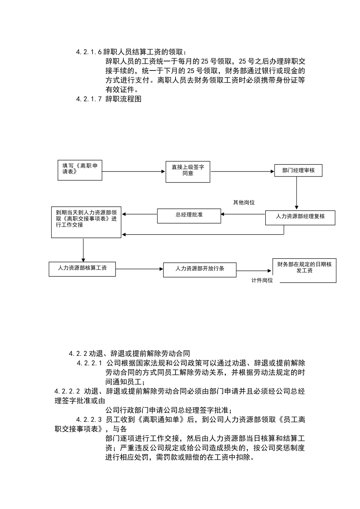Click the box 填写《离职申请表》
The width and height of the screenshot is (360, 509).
pyautogui.click(x=80, y=170)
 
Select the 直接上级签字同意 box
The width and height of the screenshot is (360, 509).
pyautogui.click(x=188, y=172)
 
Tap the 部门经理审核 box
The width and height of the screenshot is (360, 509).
pyautogui.click(x=298, y=170)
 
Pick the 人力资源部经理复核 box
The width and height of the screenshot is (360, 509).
pyautogui.click(x=300, y=217)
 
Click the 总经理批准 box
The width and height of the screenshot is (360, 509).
pyautogui.click(x=189, y=215)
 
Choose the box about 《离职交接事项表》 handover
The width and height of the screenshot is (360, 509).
pyautogui.click(x=86, y=222)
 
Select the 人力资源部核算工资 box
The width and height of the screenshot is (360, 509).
pyautogui.click(x=82, y=269)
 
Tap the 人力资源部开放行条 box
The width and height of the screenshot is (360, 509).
pyautogui.click(x=200, y=269)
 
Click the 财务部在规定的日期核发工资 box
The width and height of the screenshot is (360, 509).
pyautogui.click(x=304, y=270)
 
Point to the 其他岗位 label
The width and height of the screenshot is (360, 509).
pyautogui.click(x=244, y=203)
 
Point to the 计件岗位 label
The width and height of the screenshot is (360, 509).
pyautogui.click(x=262, y=281)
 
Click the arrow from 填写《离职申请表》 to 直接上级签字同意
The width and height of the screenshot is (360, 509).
pyautogui.click(x=134, y=172)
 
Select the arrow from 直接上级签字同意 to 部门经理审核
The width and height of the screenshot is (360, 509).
pyautogui.click(x=243, y=172)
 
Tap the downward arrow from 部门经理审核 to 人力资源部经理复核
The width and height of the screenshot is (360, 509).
pyautogui.click(x=297, y=193)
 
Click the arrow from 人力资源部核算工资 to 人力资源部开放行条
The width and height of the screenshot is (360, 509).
pyautogui.click(x=139, y=269)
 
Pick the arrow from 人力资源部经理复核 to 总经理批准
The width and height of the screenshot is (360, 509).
pyautogui.click(x=243, y=215)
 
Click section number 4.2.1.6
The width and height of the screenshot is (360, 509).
pyautogui.click(x=89, y=52)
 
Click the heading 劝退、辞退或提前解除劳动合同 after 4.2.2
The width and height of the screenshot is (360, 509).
pyautogui.click(x=139, y=354)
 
